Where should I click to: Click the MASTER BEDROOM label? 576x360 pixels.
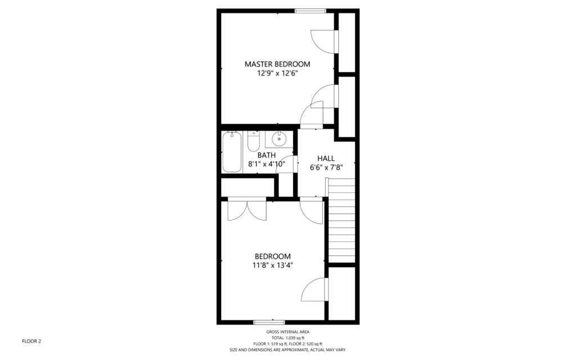[277, 64]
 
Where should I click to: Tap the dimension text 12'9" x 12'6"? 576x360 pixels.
[277, 74]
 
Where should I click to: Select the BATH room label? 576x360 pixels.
[266, 155]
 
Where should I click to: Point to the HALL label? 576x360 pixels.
[326, 158]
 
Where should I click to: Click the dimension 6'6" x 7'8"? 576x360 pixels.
[326, 168]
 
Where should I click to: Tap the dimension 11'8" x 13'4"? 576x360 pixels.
[273, 265]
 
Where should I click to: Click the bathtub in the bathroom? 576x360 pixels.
[232, 152]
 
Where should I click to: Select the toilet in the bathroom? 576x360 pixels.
[254, 141]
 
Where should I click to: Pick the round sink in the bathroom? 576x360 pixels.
[279, 139]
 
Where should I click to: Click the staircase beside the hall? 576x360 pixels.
[341, 220]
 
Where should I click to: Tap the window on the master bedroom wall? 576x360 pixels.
[310, 11]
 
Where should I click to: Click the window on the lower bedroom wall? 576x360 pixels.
[269, 322]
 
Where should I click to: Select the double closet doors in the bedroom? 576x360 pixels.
[247, 209]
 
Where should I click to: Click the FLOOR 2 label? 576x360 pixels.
[31, 341]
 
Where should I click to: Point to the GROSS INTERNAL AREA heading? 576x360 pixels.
[288, 332]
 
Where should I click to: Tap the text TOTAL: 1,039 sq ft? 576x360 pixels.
[288, 338]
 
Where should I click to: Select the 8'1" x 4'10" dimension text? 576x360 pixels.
[267, 164]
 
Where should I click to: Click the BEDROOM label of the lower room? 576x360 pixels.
[273, 256]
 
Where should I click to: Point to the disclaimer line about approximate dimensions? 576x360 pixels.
[288, 350]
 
